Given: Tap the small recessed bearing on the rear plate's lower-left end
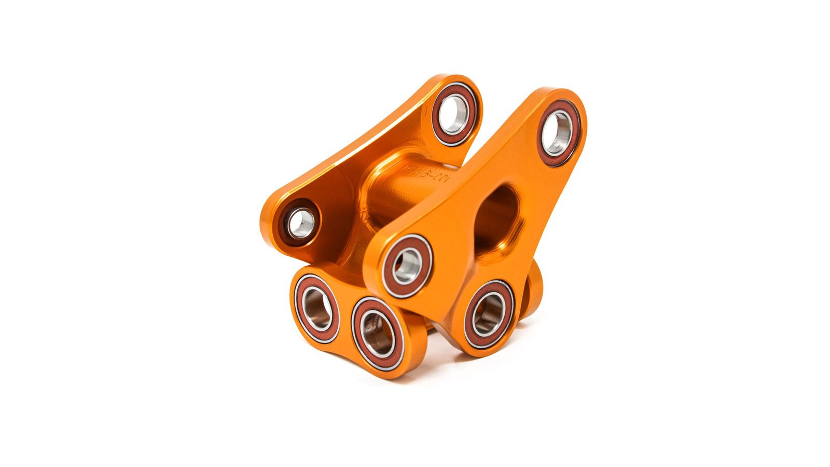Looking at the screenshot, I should pyautogui.click(x=301, y=223).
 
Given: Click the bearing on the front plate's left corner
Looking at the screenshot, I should pyautogui.click(x=408, y=265).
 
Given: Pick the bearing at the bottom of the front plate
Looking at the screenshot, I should pyautogui.click(x=489, y=314).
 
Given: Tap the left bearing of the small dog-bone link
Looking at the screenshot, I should pyautogui.click(x=317, y=309).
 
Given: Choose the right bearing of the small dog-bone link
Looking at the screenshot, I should pyautogui.click(x=378, y=334).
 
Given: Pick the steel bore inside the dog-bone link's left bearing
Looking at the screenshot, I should pyautogui.click(x=317, y=309).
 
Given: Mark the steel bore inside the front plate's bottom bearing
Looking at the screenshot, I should pyautogui.click(x=489, y=314).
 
